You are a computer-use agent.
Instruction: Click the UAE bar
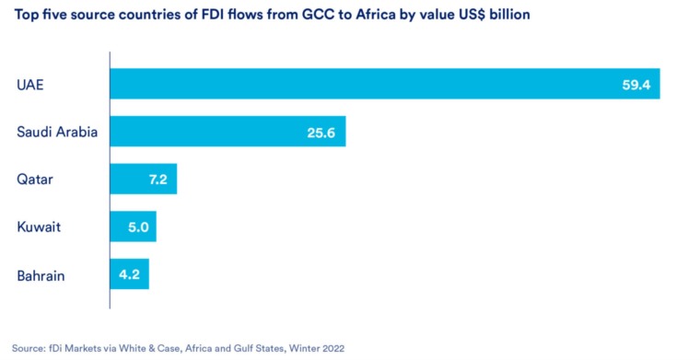385,84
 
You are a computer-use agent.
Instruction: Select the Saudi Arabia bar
227,131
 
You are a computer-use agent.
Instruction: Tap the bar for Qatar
144,179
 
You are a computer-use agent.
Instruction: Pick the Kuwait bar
133,226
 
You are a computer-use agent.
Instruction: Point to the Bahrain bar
130,273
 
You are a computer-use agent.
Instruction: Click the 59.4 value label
636,85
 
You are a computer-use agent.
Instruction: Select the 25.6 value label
321,133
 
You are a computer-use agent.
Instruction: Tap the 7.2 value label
158,180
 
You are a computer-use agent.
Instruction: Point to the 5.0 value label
138,227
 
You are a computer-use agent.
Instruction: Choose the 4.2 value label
130,274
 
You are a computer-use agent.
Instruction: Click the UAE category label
29,85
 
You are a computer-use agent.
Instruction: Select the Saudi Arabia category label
57,132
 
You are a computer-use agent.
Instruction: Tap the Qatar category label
35,180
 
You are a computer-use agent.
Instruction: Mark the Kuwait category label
39,226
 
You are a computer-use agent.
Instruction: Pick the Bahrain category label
41,275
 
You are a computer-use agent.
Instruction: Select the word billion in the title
509,15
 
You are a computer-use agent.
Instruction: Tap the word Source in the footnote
27,348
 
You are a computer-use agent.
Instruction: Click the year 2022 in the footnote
333,348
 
